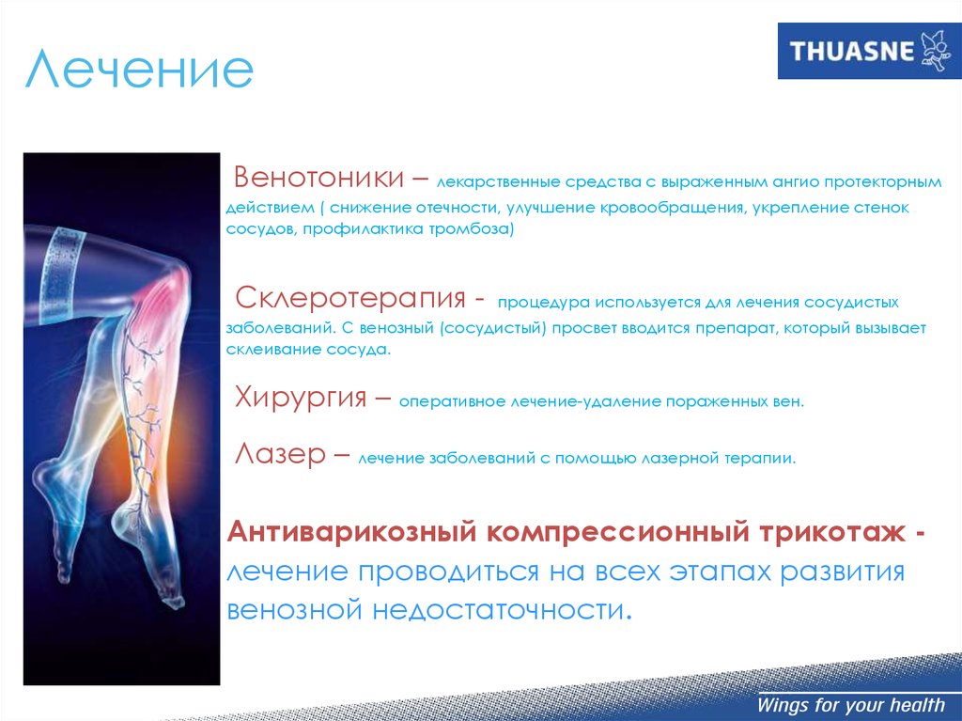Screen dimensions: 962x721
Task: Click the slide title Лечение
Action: coord(139,69)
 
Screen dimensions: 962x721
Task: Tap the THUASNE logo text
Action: coord(852,51)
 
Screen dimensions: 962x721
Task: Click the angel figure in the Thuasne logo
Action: coord(936,51)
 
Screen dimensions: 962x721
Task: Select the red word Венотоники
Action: coord(319,178)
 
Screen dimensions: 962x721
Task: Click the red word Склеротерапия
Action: coord(350,298)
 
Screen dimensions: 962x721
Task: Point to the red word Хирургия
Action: coord(301,398)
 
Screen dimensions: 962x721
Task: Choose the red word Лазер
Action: coord(280,454)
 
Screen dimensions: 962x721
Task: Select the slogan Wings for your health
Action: coord(850,704)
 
